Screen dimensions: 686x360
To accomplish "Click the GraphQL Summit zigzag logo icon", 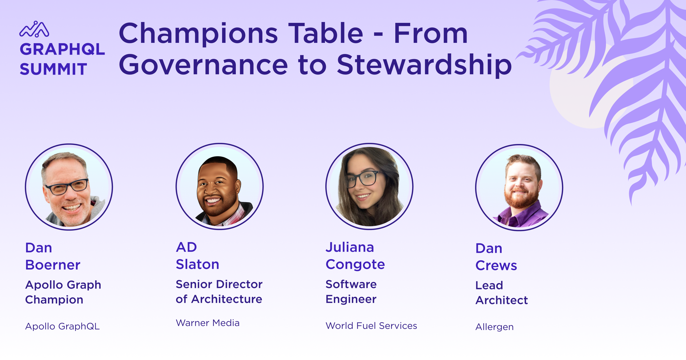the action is click(34, 29).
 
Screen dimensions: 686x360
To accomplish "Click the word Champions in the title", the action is click(198, 34).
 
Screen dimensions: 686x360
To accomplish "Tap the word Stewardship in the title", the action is click(424, 65).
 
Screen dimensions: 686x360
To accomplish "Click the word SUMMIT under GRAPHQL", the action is click(53, 69).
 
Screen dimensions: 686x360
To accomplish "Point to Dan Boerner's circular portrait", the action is click(69, 187).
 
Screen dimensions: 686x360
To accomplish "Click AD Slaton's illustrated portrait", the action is click(220, 186).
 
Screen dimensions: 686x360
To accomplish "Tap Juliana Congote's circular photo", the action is click(369, 186).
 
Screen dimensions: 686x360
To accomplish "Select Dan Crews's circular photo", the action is click(519, 187).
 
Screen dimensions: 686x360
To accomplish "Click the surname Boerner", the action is click(53, 265).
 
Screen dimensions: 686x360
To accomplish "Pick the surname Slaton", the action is click(198, 264).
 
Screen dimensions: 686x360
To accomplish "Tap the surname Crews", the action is click(496, 265).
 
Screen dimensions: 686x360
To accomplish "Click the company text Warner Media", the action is click(208, 323).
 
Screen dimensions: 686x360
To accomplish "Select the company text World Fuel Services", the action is click(371, 326).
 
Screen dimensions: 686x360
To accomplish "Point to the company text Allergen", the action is click(494, 327).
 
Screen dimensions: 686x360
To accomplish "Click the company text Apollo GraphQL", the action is click(63, 327).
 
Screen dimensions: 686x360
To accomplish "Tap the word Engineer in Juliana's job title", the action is click(351, 299).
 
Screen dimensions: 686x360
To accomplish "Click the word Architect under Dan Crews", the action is click(502, 300).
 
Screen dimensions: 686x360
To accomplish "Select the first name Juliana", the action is click(350, 247).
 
